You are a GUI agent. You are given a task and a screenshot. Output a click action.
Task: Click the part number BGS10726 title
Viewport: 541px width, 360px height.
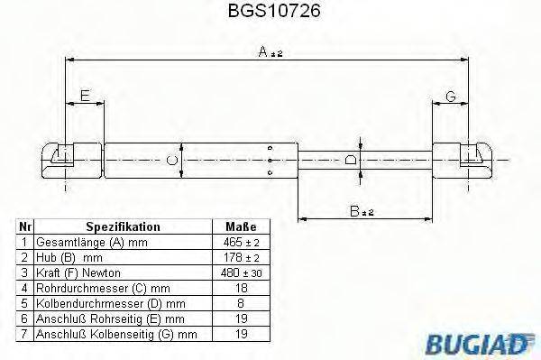coord(269,13)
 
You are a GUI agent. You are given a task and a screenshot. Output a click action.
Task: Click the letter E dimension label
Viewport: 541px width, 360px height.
coord(84,95)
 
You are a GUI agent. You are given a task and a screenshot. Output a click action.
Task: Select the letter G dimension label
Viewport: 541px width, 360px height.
coord(450,96)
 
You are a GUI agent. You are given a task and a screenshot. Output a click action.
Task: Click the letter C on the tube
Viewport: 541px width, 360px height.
coord(172,162)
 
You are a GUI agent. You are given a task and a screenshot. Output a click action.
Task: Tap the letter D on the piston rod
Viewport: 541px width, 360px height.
coord(352,161)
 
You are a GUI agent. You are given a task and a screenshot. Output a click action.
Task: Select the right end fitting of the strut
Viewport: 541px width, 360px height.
coord(463,161)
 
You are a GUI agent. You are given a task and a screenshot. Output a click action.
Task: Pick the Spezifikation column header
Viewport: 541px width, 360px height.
coord(123,227)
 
